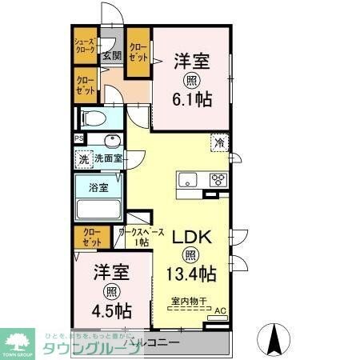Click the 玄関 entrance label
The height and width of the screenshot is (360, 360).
click(111, 56)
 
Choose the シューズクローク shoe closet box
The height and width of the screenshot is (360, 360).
click(85, 46)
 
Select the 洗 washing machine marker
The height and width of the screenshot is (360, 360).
click(83, 158)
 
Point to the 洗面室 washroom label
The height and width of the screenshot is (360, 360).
click(108, 158)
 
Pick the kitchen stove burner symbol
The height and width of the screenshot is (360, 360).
click(218, 179)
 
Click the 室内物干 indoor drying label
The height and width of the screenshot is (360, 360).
click(190, 302)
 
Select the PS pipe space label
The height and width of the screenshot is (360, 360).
click(78, 138)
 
